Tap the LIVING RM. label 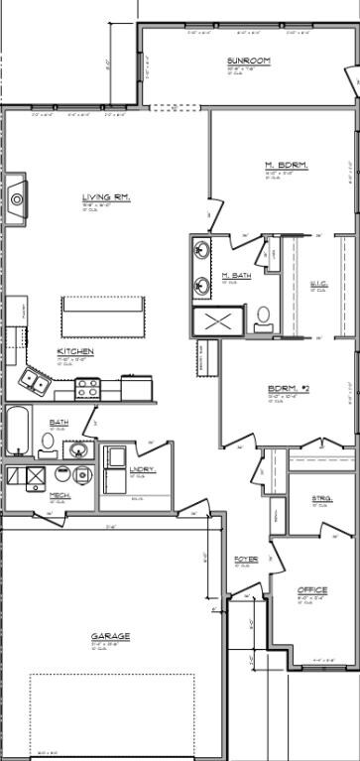[106, 197]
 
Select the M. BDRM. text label [286, 165]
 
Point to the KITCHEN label [75, 351]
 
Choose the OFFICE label [312, 590]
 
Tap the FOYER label [246, 560]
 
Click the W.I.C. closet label [318, 284]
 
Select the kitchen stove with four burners [87, 388]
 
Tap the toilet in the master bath [264, 317]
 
